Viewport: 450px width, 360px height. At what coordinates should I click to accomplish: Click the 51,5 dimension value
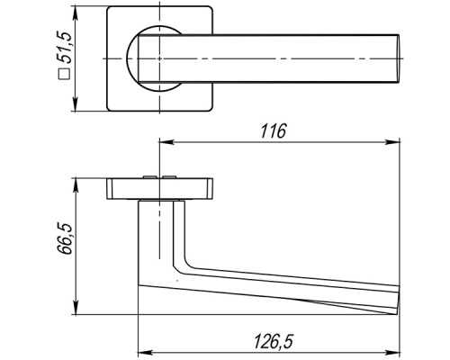[x=65, y=47]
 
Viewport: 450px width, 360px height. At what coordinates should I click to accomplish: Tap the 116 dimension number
[x=274, y=130]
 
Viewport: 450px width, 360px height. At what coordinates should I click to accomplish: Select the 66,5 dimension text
[x=65, y=238]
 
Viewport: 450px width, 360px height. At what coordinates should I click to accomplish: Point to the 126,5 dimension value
[x=274, y=341]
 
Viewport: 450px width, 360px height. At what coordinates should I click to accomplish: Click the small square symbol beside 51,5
[x=64, y=74]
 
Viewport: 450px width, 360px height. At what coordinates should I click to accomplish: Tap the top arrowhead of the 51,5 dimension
[x=76, y=13]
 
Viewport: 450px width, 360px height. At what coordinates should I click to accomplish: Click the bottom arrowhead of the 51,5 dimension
[x=76, y=104]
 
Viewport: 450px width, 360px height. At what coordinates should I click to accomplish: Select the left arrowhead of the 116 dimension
[x=166, y=141]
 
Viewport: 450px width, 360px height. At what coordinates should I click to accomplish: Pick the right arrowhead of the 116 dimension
[x=393, y=141]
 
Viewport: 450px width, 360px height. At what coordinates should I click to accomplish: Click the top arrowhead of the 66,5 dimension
[x=76, y=185]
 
